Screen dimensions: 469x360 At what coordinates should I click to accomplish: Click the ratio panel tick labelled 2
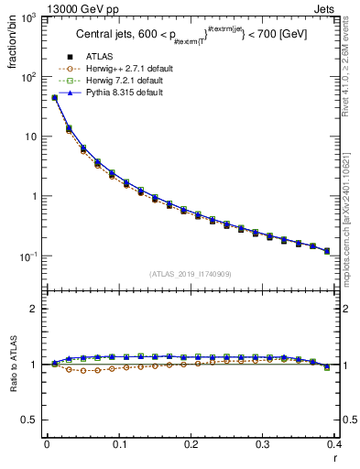(x=34, y=309)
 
